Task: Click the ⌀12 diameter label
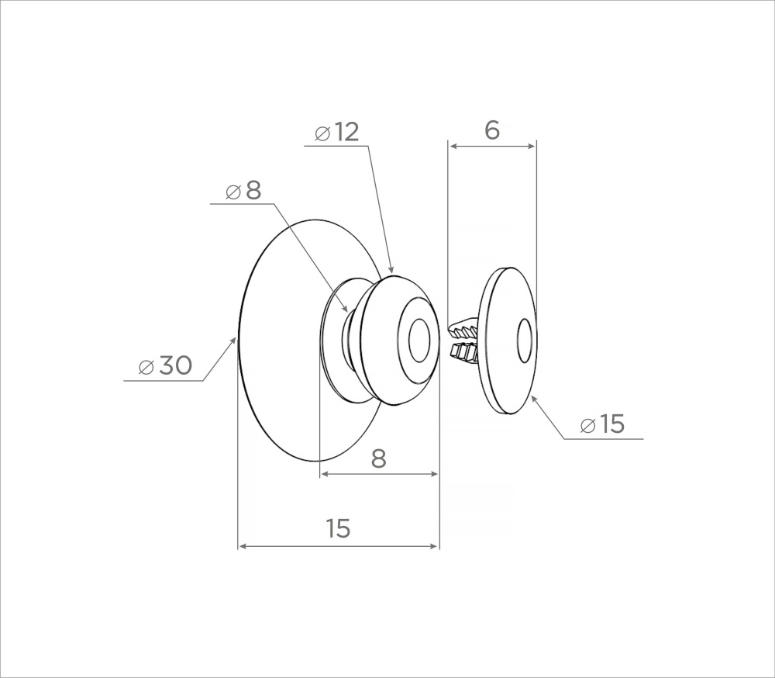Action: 336,132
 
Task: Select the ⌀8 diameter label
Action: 243,191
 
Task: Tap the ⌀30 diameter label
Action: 166,366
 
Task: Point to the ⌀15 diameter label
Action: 602,424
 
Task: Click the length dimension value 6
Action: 492,130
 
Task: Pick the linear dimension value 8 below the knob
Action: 379,458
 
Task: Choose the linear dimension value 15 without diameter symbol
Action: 339,528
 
